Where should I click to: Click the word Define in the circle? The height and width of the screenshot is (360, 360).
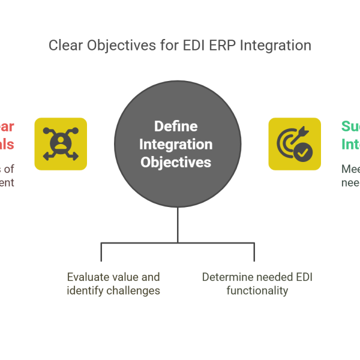click(176, 127)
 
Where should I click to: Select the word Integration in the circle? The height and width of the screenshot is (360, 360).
click(176, 145)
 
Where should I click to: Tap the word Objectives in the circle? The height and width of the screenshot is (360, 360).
click(176, 162)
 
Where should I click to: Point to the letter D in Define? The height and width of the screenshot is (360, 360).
click(158, 127)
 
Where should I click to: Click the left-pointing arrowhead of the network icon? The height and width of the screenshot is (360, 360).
click(44, 158)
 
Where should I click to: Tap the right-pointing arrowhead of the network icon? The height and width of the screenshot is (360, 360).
click(77, 158)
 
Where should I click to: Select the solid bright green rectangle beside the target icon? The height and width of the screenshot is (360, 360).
click(350, 146)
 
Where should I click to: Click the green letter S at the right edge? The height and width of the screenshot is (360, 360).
click(347, 127)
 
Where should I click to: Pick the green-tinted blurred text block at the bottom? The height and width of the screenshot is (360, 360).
click(255, 283)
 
